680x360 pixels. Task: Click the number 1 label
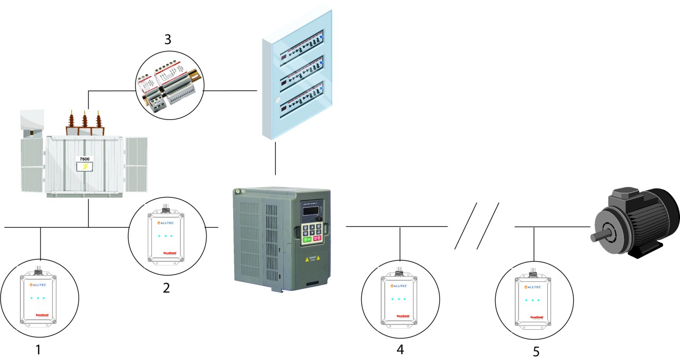[x=37, y=349]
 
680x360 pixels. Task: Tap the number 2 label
[x=166, y=288]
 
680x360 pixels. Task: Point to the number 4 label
[x=399, y=349]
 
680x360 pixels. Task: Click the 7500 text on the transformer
[x=84, y=159]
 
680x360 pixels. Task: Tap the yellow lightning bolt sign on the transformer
[x=84, y=167]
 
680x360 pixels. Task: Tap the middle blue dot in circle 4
[x=399, y=299]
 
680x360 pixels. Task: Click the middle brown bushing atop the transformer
[x=84, y=123]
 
